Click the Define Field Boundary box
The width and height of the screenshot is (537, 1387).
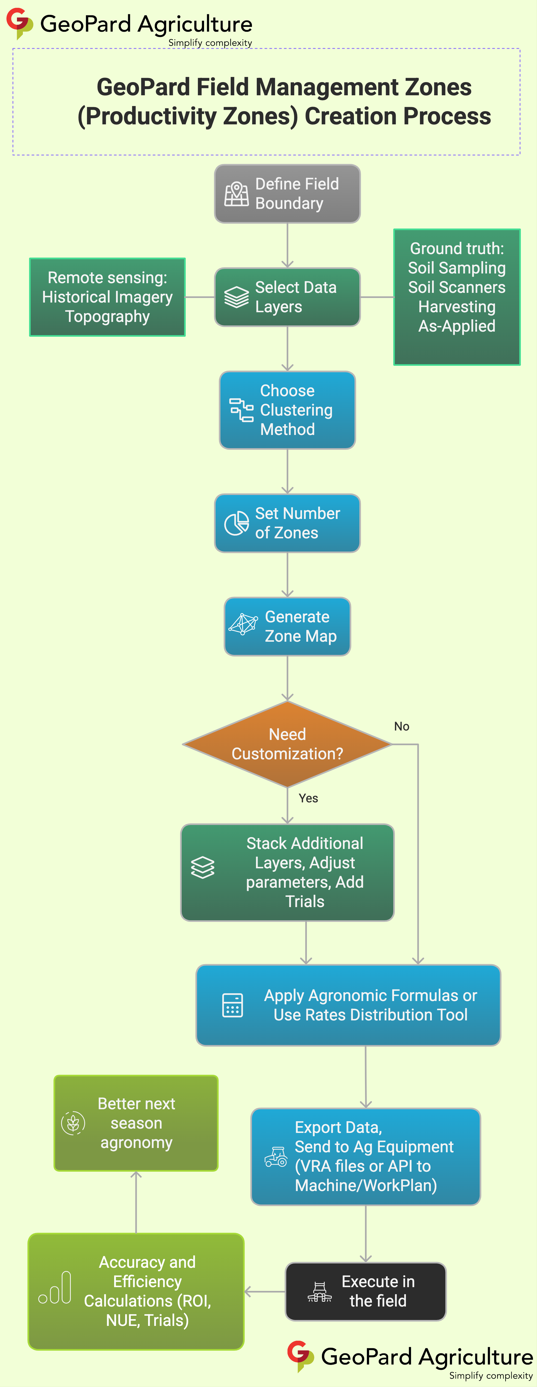point(287,194)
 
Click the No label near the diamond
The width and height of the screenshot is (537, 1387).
point(402,726)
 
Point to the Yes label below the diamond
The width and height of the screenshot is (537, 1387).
point(308,798)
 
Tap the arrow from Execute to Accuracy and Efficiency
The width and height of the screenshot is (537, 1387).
point(264,1291)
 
